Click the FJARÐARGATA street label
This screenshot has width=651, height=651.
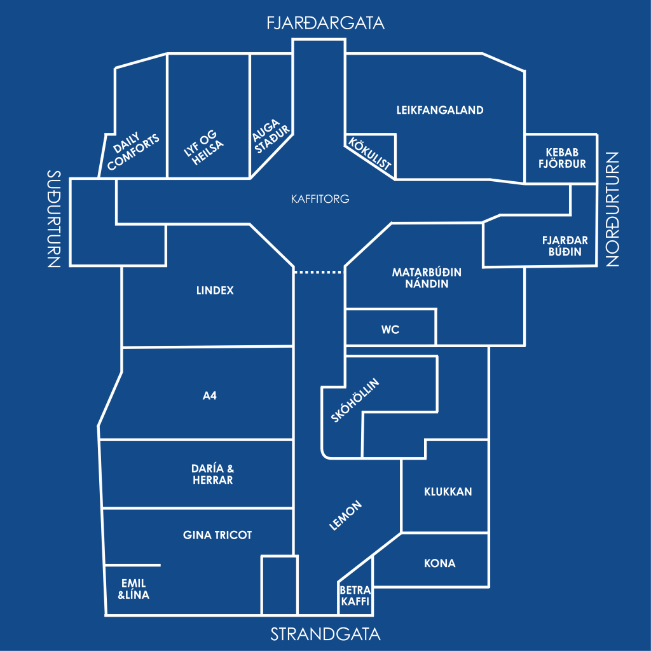[325, 23]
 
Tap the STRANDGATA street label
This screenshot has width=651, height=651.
[325, 634]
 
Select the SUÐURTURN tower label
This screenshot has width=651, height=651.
[54, 219]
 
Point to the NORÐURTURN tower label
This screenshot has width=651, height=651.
[612, 209]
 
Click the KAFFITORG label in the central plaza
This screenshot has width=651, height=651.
[320, 199]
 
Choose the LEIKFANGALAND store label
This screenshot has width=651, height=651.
[440, 110]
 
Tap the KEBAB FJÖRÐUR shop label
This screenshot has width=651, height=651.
[562, 158]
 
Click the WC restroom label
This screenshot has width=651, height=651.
[390, 330]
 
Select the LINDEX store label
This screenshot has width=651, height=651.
[215, 290]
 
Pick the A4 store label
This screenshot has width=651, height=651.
[210, 395]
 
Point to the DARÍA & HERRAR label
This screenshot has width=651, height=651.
[212, 474]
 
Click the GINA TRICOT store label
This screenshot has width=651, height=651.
[217, 535]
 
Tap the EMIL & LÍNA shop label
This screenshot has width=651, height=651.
[134, 589]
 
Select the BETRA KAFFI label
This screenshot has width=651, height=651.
[355, 596]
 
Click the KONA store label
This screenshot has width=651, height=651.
[440, 563]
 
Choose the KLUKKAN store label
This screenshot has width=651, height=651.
[448, 491]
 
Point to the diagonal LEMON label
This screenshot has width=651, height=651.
[345, 516]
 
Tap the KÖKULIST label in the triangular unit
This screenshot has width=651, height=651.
[369, 154]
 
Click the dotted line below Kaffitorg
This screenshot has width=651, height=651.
[319, 272]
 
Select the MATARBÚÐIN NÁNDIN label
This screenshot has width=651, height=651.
[427, 278]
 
